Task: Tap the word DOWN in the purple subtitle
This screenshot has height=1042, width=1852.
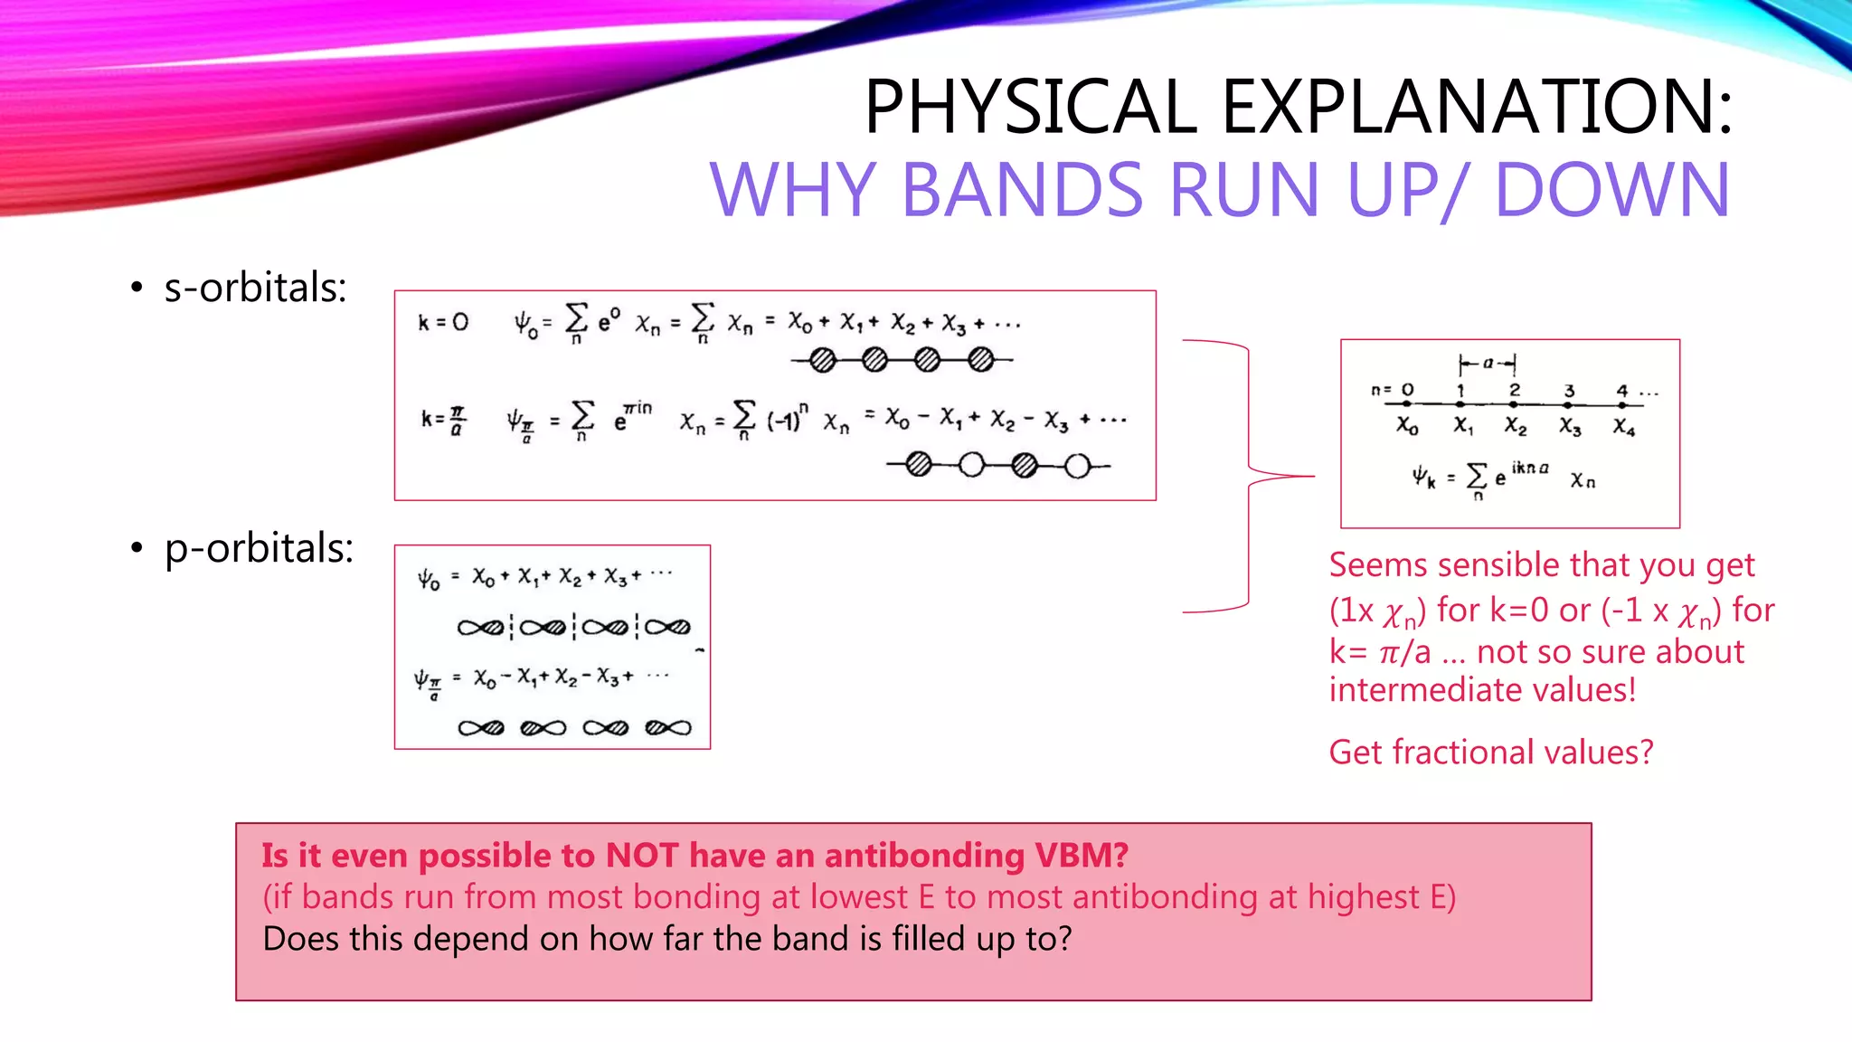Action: pyautogui.click(x=1611, y=190)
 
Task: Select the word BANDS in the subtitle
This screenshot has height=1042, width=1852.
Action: pyautogui.click(x=1022, y=190)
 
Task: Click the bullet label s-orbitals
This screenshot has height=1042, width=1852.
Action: pyautogui.click(x=255, y=288)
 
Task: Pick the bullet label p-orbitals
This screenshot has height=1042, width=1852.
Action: pyautogui.click(x=259, y=548)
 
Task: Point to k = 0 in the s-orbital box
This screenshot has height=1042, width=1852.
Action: pyautogui.click(x=443, y=322)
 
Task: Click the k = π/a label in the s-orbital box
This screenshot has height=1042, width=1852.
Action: pyautogui.click(x=443, y=420)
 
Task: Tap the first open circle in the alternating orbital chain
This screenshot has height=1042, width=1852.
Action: pyautogui.click(x=971, y=466)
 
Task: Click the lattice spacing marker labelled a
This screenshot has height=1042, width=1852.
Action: pyautogui.click(x=1488, y=364)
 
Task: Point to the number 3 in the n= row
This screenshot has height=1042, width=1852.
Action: pyautogui.click(x=1570, y=390)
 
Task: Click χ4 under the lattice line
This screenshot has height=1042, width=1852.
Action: pyautogui.click(x=1624, y=426)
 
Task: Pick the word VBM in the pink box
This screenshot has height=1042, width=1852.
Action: pyautogui.click(x=1082, y=855)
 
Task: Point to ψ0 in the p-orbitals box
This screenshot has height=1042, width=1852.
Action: pyautogui.click(x=429, y=579)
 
